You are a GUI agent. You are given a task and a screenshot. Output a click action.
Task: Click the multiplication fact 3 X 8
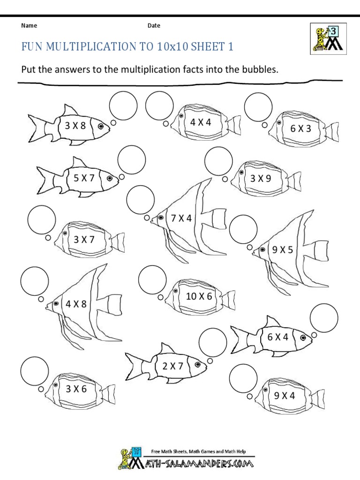[x=75, y=125]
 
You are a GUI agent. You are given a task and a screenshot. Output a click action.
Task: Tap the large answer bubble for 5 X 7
[x=132, y=160]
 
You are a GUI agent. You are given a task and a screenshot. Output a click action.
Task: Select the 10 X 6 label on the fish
[x=199, y=296]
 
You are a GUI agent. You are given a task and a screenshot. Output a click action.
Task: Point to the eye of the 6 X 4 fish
[x=303, y=337]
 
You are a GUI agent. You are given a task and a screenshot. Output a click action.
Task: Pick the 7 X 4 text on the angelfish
[x=181, y=218]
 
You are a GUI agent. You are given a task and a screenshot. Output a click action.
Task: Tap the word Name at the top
[x=29, y=26]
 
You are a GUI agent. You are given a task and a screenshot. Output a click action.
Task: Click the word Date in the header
[x=154, y=26]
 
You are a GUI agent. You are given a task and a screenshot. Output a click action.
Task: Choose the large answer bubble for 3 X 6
[x=35, y=370]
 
